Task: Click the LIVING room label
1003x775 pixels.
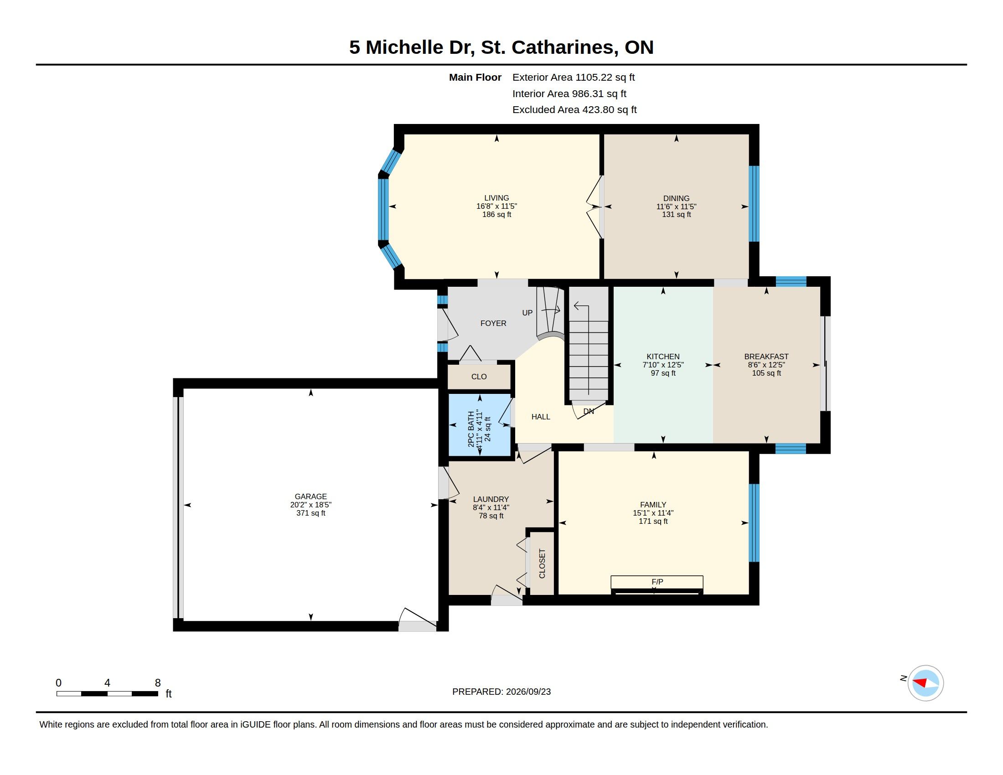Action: coord(496,198)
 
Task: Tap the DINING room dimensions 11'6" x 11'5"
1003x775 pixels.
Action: coord(676,207)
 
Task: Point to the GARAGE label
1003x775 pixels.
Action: coord(311,496)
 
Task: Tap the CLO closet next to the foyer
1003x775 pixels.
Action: coord(479,377)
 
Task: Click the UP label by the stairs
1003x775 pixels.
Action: coord(527,313)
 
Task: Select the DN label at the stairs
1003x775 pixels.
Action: coord(589,411)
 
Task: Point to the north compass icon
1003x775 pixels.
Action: coord(925,683)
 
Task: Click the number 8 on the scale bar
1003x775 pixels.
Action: coord(158,683)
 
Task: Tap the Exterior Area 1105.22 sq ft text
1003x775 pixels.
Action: coord(574,77)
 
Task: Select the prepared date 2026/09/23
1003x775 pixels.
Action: coord(528,692)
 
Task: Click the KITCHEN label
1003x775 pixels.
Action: coord(663,357)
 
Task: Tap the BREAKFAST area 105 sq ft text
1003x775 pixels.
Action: coord(766,373)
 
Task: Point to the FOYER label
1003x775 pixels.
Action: coord(493,323)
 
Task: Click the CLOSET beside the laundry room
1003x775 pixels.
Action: coord(542,563)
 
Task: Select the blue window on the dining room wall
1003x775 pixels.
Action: coord(754,203)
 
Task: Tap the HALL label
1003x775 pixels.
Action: coord(541,417)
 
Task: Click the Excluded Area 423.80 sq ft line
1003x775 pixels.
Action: coord(574,110)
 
